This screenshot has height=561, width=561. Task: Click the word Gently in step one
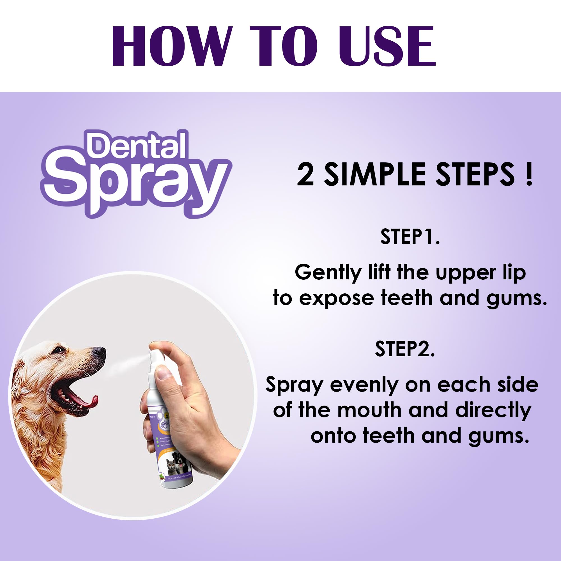point(328,273)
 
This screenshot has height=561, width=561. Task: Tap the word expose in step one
point(336,298)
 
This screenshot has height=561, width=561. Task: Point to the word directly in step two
point(493,411)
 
